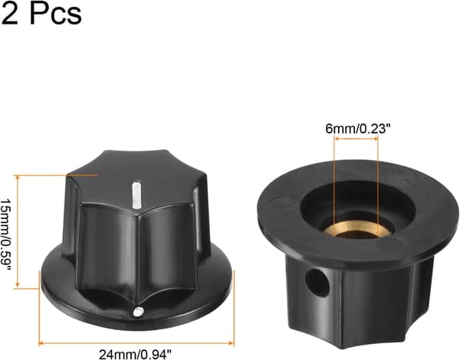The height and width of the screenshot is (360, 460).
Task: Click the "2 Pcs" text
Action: [41, 13]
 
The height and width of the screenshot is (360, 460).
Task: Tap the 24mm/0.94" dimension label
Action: [135, 354]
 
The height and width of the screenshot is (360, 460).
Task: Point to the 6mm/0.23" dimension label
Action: [359, 129]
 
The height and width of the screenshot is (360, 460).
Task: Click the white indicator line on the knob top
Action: [135, 195]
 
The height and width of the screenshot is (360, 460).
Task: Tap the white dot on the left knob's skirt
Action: [138, 312]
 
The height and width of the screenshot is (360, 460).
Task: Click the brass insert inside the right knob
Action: [357, 229]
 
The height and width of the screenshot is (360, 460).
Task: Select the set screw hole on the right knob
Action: [317, 282]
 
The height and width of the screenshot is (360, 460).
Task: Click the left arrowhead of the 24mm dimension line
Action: [41, 343]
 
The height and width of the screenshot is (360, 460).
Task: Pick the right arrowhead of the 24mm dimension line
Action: [232, 343]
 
